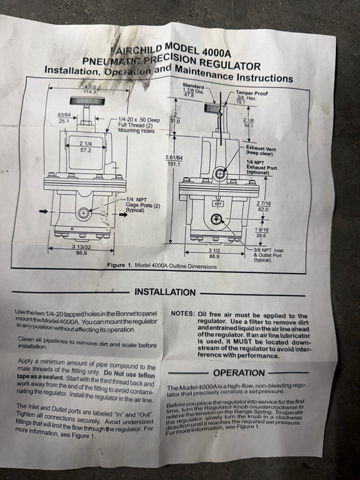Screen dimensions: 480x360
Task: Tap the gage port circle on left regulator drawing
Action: pyautogui.click(x=82, y=214)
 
